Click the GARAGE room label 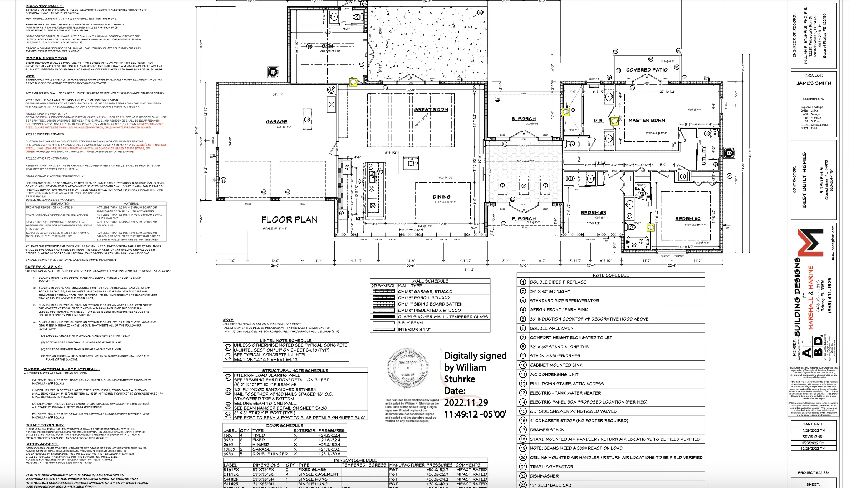point(276,122)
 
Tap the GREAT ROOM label point(431,109)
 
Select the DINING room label point(441,197)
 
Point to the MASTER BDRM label point(647,120)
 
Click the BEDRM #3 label point(593,213)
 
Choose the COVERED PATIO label point(647,70)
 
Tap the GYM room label point(327,46)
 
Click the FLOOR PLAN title point(289,219)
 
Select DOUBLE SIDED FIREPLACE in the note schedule point(558,282)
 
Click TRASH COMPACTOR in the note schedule point(551,467)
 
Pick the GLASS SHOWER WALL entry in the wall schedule point(443,317)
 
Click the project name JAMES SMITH point(813,83)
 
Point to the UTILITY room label point(704,155)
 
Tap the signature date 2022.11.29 point(466,402)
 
